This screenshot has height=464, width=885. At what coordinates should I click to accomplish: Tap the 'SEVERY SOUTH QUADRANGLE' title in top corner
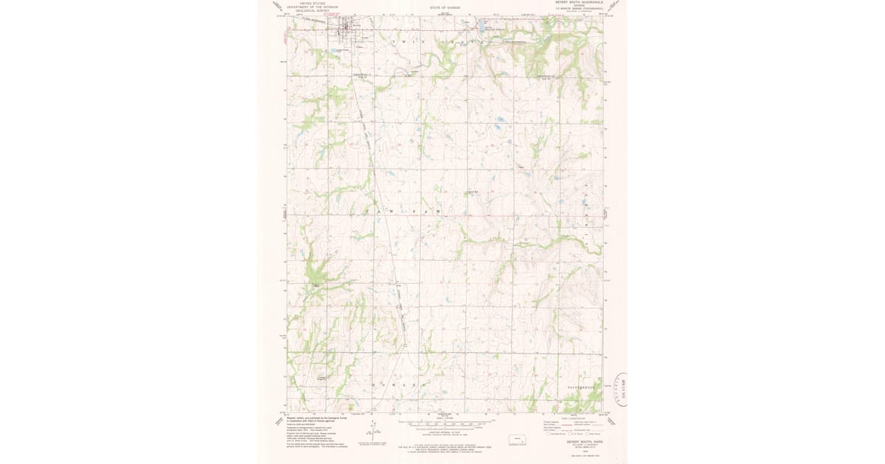[578, 2]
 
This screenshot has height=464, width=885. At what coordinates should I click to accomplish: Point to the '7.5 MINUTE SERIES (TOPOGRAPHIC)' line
[578, 8]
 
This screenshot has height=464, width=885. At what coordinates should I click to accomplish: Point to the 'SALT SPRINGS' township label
[586, 386]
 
